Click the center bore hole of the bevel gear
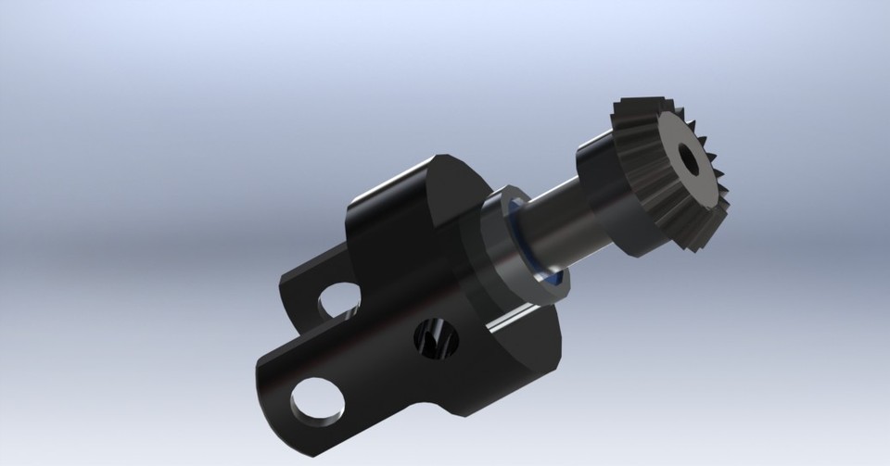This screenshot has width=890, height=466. [x=689, y=157]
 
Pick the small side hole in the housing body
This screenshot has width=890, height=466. [x=434, y=337]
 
